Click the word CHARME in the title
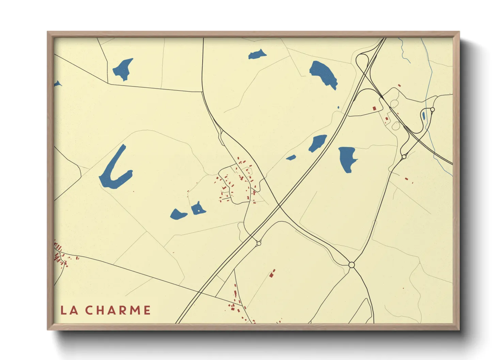117,310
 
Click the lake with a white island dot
198,209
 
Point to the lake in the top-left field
122,69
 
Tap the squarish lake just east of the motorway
347,158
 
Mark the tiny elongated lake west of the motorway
291,158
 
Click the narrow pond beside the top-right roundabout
423,115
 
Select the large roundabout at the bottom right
352,265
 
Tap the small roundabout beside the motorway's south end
259,243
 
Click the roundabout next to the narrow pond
432,109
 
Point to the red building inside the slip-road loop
374,108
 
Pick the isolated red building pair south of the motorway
272,274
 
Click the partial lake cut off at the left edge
57,84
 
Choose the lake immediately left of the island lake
178,214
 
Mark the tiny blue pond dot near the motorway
338,108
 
